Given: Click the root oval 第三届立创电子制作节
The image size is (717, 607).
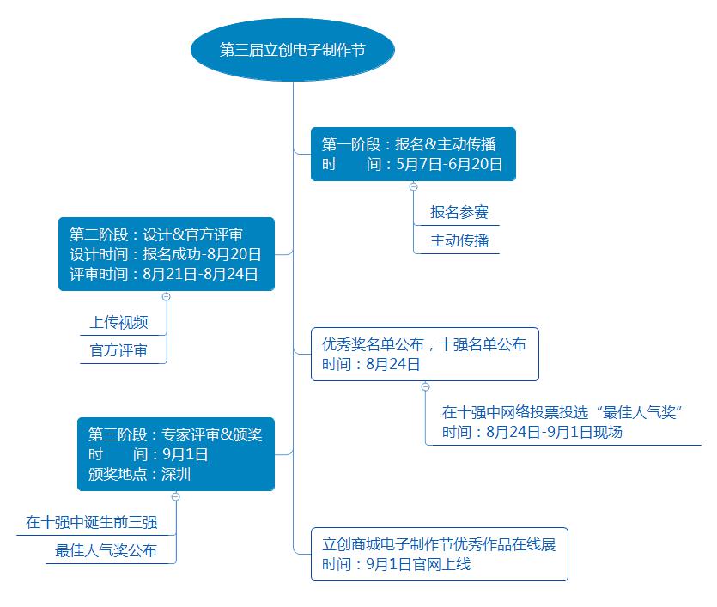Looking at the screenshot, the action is click(293, 50).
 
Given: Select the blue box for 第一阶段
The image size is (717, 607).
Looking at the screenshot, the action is click(413, 154).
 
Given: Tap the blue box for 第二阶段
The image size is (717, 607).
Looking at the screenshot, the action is click(167, 254).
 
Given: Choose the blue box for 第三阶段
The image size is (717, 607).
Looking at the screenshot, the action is click(176, 454).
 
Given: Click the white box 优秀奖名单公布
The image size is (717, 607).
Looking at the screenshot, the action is click(425, 355).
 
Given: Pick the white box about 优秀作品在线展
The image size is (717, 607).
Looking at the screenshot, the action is click(440, 555).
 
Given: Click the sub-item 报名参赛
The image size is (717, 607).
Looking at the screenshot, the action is click(459, 213).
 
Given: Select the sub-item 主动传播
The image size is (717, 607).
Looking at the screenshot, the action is click(459, 241).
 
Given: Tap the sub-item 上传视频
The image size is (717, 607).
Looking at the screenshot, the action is click(118, 322).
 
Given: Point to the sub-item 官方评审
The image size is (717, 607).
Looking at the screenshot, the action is click(118, 350).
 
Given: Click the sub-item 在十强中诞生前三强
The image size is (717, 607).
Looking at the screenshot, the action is click(92, 523).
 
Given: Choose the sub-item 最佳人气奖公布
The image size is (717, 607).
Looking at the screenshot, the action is click(106, 551).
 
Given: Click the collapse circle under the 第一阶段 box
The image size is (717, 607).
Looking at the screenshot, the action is click(413, 186).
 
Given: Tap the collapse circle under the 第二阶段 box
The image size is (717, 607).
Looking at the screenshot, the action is click(167, 297).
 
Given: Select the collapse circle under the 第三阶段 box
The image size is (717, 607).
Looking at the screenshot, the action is click(175, 497).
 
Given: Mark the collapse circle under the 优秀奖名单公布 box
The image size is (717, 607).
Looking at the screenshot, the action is click(425, 386).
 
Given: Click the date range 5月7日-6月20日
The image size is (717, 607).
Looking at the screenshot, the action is click(449, 164).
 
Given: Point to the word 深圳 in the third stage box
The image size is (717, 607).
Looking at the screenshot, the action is click(176, 475).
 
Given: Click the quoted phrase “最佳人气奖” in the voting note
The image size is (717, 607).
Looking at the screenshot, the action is click(639, 412).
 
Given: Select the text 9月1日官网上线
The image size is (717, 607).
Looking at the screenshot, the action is click(418, 564).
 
